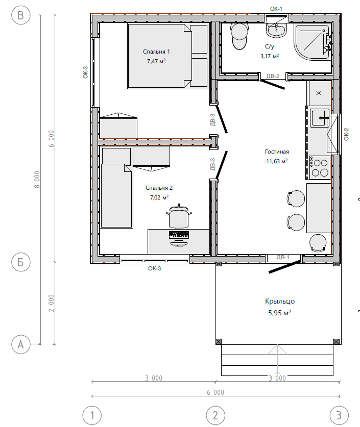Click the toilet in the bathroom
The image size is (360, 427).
(239, 36)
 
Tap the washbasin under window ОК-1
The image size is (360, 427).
(276, 30)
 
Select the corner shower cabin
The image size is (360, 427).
(313, 42)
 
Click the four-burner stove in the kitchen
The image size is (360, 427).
(320, 167)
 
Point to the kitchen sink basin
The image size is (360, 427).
(319, 118)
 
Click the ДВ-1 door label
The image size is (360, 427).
(283, 257)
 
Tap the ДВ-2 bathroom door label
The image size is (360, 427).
(273, 76)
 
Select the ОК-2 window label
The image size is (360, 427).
(346, 134)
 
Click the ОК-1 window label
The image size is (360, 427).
(276, 9)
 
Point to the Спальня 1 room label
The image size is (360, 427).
(156, 52)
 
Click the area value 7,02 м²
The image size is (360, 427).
(159, 197)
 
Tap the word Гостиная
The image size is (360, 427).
(277, 152)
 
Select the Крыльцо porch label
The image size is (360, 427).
(280, 301)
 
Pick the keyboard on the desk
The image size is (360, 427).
(179, 235)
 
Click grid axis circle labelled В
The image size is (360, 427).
(21, 15)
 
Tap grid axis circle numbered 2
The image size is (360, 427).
(215, 415)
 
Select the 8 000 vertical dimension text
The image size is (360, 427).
(37, 180)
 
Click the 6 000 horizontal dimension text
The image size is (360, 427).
(215, 392)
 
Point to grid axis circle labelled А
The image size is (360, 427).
(21, 344)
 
